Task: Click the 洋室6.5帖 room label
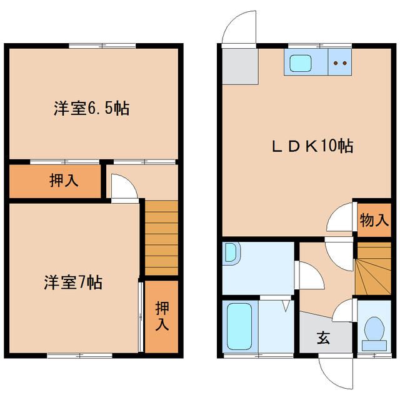click(x=91, y=108)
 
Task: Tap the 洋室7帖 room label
click(x=73, y=282)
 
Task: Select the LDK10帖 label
click(x=312, y=146)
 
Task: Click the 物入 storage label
click(x=374, y=220)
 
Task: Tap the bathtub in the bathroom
click(x=239, y=326)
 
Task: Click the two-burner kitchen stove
click(x=341, y=62)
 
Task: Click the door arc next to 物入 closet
click(x=340, y=219)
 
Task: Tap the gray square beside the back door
click(x=239, y=66)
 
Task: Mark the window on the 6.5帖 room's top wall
click(x=102, y=44)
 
